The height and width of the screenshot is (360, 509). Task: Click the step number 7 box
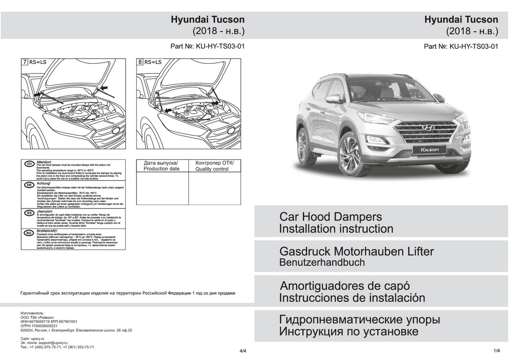25,62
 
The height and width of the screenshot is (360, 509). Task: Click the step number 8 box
140,62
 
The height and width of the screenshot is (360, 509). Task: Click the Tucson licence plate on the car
429,150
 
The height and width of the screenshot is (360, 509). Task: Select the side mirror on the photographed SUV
333,98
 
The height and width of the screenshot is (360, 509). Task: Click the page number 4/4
243,351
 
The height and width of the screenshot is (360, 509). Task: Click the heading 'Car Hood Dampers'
330,217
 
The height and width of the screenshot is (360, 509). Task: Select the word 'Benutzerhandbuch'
322,262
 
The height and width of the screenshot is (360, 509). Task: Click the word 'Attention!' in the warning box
44,162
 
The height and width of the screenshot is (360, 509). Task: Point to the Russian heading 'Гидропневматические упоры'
359,319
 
